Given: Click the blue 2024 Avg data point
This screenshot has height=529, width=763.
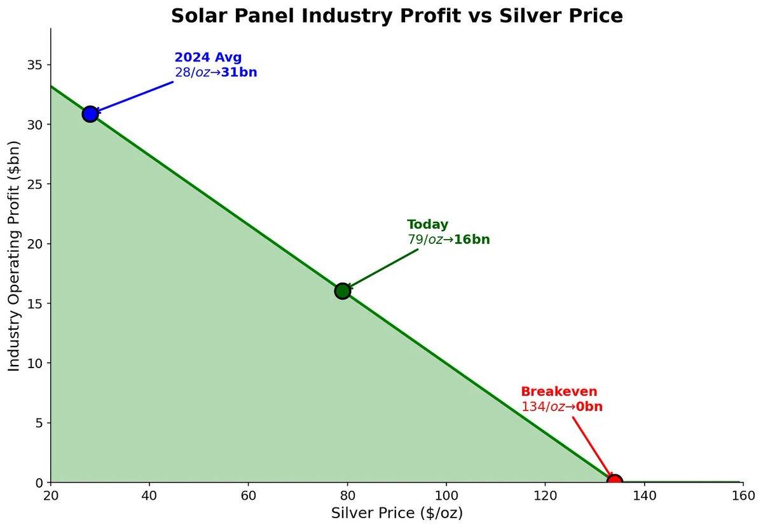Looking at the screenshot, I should [x=90, y=114].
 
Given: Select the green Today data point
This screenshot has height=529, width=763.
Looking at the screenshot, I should [x=343, y=291].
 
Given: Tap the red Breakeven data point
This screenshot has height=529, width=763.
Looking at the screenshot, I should [x=614, y=481].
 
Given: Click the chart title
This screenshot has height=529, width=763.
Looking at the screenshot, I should [x=397, y=16].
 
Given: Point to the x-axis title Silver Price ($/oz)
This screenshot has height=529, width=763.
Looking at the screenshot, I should [x=397, y=513].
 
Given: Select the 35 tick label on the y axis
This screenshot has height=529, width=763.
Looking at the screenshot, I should [x=36, y=65].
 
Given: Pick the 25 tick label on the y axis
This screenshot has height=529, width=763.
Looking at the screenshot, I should [x=36, y=184].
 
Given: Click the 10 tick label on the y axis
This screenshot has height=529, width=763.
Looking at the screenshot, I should [x=36, y=363].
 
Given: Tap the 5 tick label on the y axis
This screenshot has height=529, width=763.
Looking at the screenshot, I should [x=39, y=423].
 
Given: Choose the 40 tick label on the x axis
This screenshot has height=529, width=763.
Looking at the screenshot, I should [x=149, y=496].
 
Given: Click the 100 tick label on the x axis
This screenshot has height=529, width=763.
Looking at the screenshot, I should [x=446, y=496].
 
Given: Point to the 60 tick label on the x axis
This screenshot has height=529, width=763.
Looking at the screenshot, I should [x=249, y=496].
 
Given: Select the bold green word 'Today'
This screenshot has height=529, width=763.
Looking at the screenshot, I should [x=427, y=224].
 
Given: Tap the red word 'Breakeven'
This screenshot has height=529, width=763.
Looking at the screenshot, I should [x=559, y=392].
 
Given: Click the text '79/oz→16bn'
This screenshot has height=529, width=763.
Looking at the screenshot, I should [x=448, y=240].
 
